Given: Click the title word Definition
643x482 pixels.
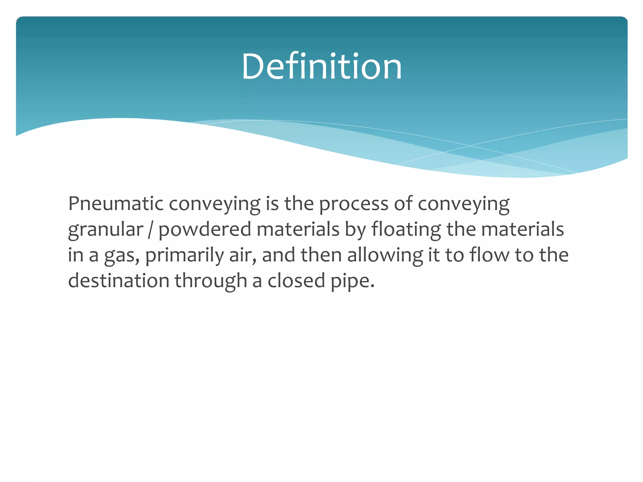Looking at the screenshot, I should (321, 67).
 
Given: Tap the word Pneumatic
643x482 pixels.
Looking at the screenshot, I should (116, 204).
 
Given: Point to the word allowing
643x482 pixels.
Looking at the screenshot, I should (385, 255).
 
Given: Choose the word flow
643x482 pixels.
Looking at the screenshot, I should (489, 255).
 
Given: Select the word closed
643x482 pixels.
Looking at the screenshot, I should (296, 281).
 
